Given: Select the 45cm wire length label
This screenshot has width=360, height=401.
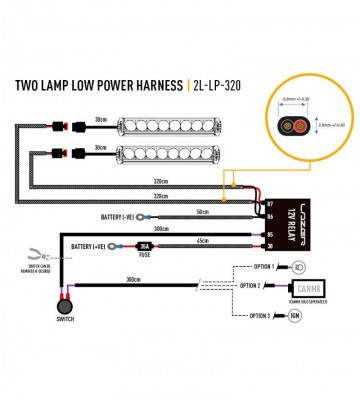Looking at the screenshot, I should click(202, 240).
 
